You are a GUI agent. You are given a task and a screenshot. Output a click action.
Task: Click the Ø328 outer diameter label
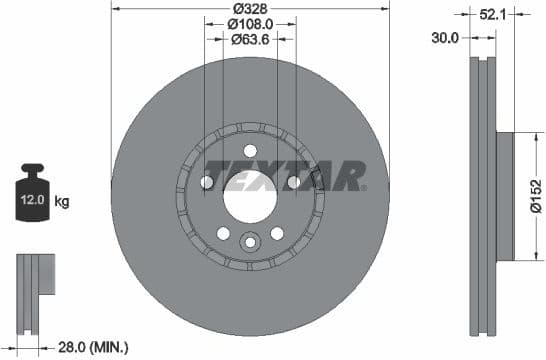tap(249, 8)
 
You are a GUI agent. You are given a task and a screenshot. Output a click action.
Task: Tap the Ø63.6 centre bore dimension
tap(249, 40)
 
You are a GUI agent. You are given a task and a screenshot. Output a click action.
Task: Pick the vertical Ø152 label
tap(536, 196)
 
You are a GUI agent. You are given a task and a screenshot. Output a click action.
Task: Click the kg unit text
tap(61, 202)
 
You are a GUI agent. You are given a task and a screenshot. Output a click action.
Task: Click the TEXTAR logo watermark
tap(284, 176)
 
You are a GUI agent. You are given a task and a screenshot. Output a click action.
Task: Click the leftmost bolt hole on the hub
tap(206, 182)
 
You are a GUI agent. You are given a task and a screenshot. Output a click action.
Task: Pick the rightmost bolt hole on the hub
tap(293, 182)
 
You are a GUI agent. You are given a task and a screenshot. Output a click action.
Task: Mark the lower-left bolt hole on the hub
tap(222, 232)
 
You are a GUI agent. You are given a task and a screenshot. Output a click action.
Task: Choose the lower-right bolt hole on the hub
tap(277, 232)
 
